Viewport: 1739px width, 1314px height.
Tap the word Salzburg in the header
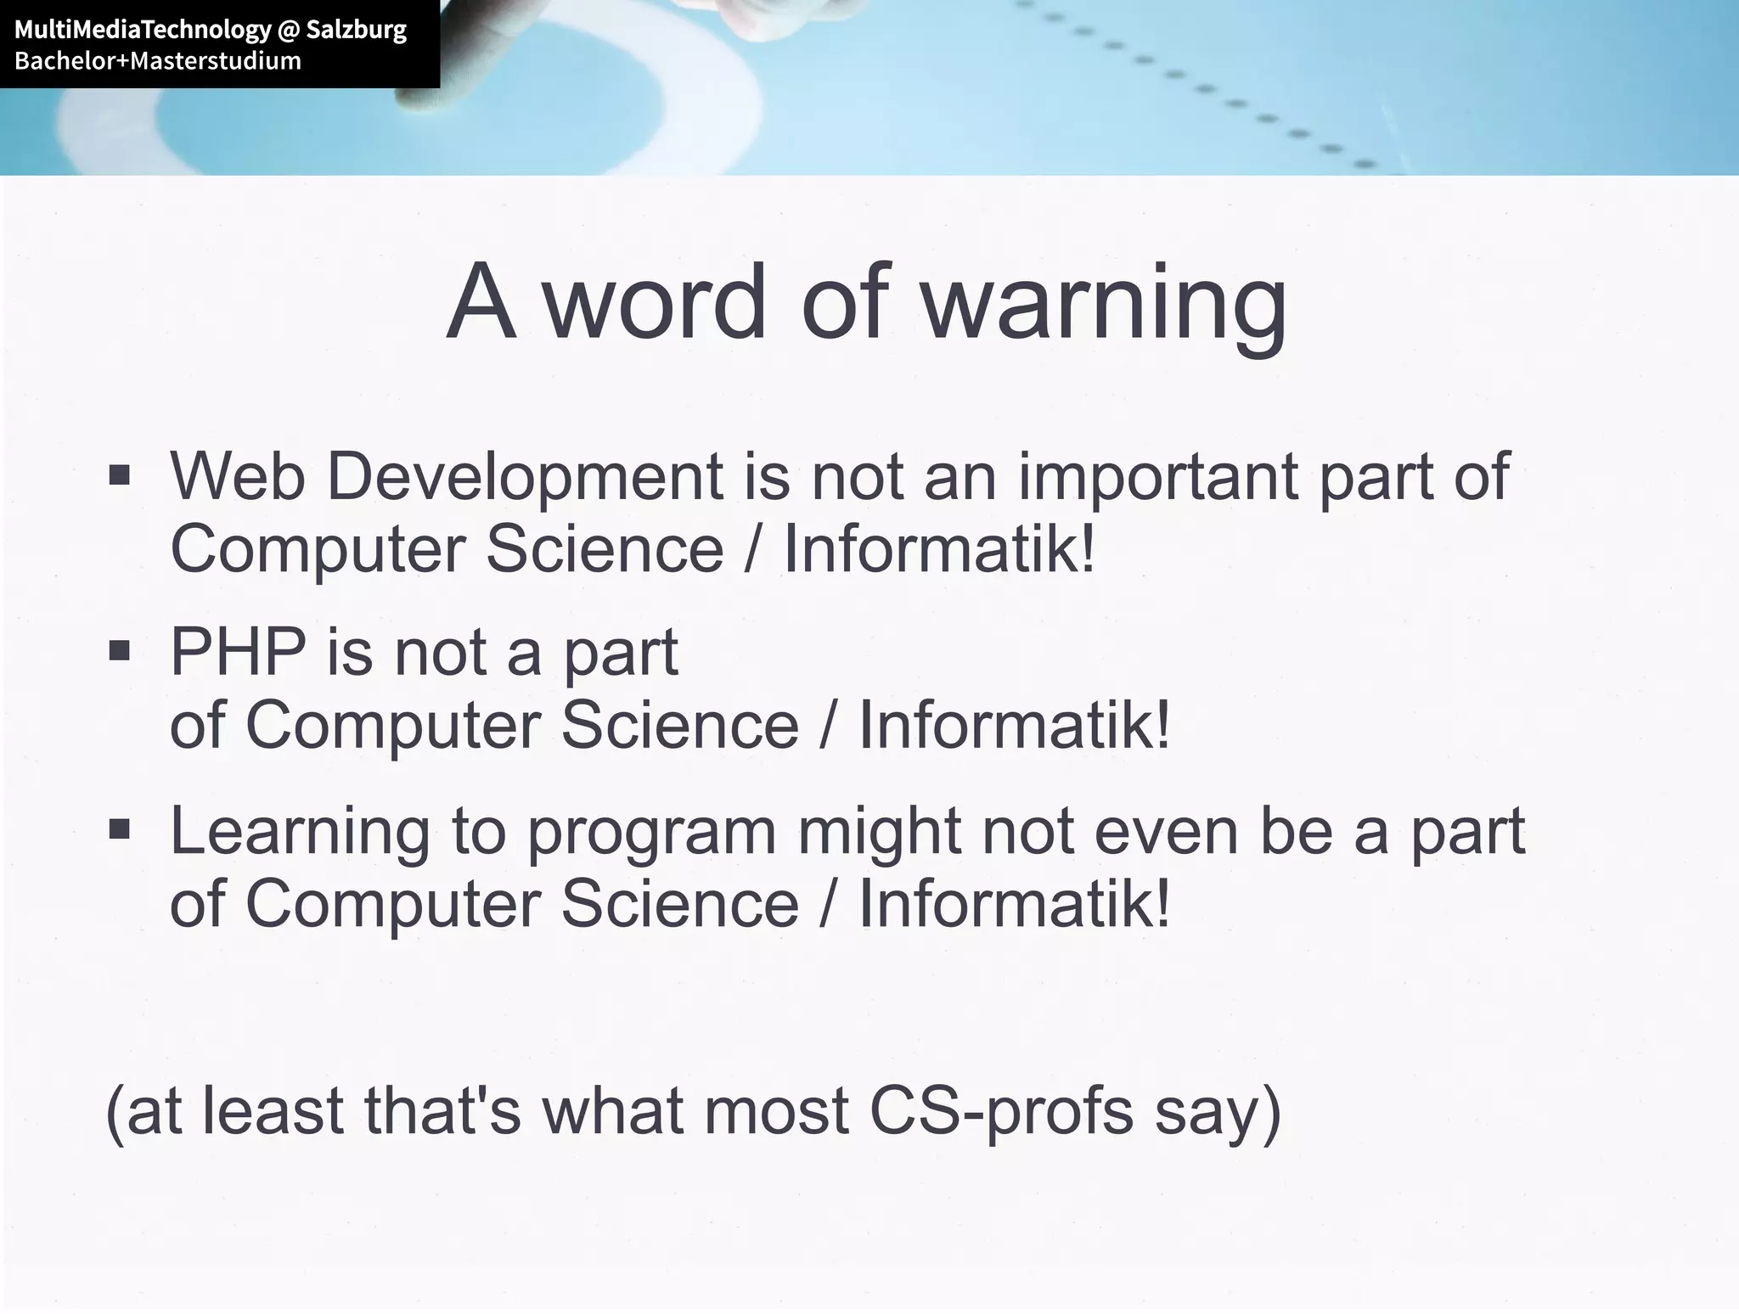tap(356, 31)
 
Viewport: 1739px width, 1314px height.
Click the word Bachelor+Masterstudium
tap(158, 61)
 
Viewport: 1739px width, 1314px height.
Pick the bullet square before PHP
tap(120, 651)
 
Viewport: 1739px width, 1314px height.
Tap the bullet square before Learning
tap(120, 828)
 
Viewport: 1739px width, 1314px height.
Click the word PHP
tap(238, 652)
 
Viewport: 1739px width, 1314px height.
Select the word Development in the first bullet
tap(525, 477)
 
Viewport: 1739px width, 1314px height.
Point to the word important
tap(1157, 477)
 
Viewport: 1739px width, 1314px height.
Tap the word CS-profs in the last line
tap(1001, 1112)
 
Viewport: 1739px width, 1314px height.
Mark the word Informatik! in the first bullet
tap(939, 549)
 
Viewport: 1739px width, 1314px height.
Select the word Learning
tap(300, 832)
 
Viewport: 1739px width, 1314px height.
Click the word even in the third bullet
tap(1166, 832)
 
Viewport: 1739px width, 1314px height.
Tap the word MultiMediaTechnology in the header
tap(143, 31)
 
